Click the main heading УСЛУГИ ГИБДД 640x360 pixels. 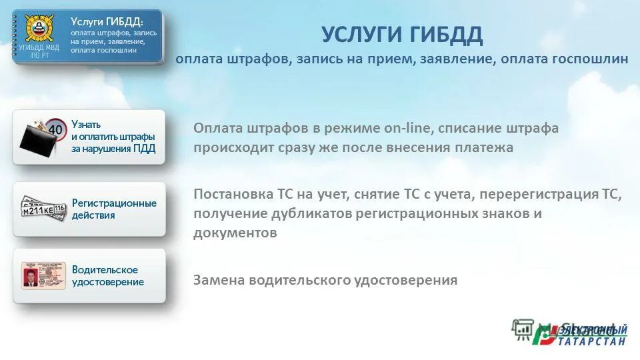pos(401,34)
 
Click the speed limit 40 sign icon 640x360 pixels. pos(56,127)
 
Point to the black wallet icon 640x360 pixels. pos(37,137)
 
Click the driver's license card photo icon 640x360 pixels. pos(43,275)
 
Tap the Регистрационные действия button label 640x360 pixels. pos(114,209)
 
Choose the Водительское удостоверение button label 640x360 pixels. pos(108,275)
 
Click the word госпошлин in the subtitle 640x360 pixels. pos(590,59)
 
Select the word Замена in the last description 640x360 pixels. pos(219,280)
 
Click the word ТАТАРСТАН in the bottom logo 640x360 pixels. pos(593,342)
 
